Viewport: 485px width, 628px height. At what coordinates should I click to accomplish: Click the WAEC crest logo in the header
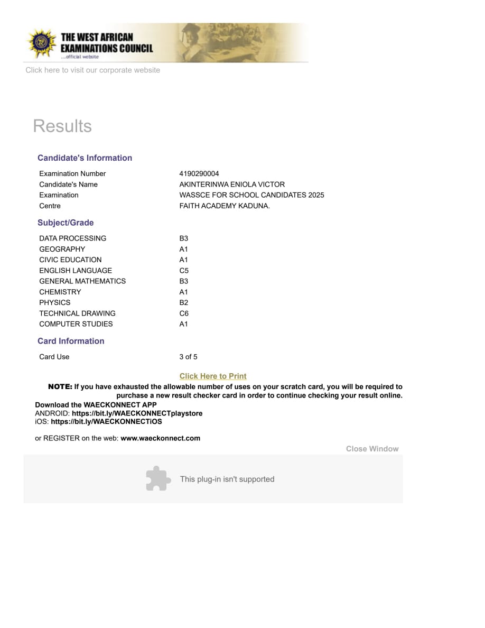[41, 43]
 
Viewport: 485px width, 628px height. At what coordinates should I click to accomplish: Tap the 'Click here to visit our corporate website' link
[92, 70]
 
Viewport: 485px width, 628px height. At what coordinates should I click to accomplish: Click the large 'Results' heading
[62, 126]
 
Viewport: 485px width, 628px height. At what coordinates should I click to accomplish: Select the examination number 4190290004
[199, 174]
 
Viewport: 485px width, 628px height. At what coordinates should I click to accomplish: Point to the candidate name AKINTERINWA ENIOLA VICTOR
[232, 184]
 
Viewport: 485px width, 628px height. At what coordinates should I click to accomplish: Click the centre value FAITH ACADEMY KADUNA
[225, 206]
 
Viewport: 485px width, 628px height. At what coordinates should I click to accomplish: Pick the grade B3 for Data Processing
[184, 238]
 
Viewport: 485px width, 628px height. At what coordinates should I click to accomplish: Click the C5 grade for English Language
[184, 271]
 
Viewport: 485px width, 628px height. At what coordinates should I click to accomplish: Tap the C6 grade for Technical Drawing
[184, 313]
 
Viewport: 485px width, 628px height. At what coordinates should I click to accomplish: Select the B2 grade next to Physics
[184, 303]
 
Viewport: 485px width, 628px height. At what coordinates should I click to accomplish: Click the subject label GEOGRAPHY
[62, 250]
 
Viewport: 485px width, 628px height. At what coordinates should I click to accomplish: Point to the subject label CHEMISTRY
[60, 292]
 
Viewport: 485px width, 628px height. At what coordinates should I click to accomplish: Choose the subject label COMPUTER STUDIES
[76, 324]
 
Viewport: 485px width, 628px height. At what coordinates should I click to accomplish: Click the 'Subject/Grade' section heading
[66, 223]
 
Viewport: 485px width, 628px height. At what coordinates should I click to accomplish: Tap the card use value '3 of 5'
[188, 357]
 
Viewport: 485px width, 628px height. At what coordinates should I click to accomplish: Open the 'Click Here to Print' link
[213, 376]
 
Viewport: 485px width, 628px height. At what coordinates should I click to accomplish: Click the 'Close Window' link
[372, 449]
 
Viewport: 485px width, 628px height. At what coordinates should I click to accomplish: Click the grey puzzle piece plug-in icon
[158, 478]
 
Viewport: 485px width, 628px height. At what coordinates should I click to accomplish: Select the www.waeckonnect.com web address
[160, 438]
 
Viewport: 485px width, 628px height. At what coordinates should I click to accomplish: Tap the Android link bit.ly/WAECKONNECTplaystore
[137, 413]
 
